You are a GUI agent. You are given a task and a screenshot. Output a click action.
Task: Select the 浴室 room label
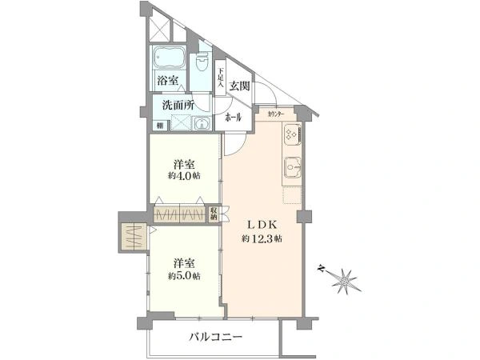pos(167,80)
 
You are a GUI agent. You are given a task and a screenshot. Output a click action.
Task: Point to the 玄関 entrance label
pos(238,86)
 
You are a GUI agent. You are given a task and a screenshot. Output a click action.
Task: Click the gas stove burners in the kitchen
pos(289,137)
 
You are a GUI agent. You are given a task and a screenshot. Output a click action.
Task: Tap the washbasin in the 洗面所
pos(202,124)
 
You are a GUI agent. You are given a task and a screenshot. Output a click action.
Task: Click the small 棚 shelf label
pos(160,126)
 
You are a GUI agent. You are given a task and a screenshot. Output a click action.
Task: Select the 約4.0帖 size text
pos(184,175)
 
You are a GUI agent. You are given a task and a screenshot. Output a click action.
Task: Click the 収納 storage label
pos(214,214)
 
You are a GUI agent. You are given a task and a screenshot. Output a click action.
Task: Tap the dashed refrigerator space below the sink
pos(290,193)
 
